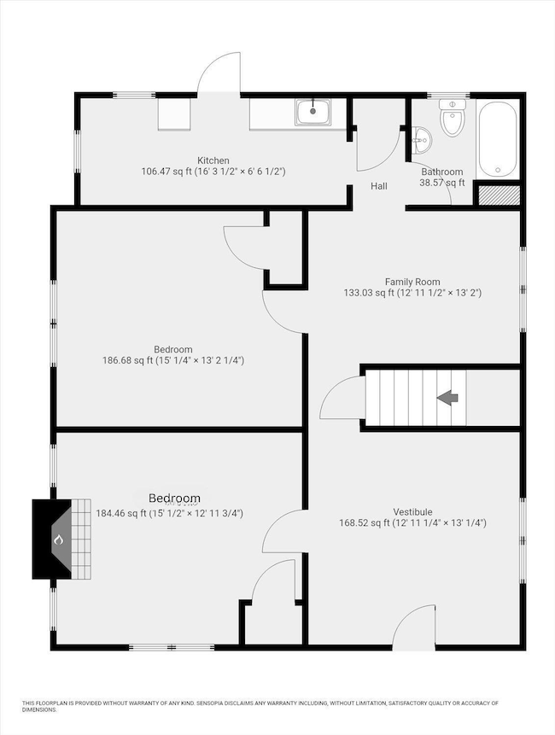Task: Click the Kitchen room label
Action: click(213, 160)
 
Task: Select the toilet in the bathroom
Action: click(452, 120)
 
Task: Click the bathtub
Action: click(497, 138)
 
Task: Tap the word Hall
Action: click(379, 185)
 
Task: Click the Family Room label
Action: click(412, 281)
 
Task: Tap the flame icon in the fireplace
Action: click(59, 540)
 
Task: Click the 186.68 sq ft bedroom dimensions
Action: click(173, 360)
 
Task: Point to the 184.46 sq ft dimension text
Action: click(170, 513)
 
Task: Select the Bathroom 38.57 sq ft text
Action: click(442, 177)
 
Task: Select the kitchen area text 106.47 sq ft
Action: click(213, 172)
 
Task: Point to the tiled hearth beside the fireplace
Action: click(80, 538)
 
